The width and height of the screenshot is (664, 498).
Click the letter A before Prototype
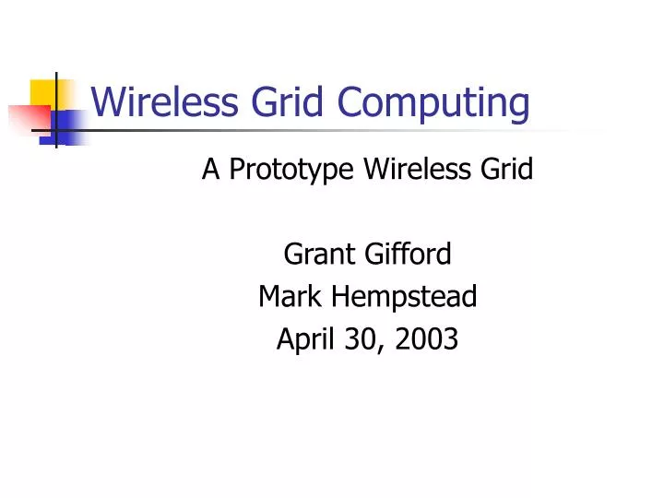tap(210, 169)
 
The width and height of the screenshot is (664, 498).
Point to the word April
tap(303, 340)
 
